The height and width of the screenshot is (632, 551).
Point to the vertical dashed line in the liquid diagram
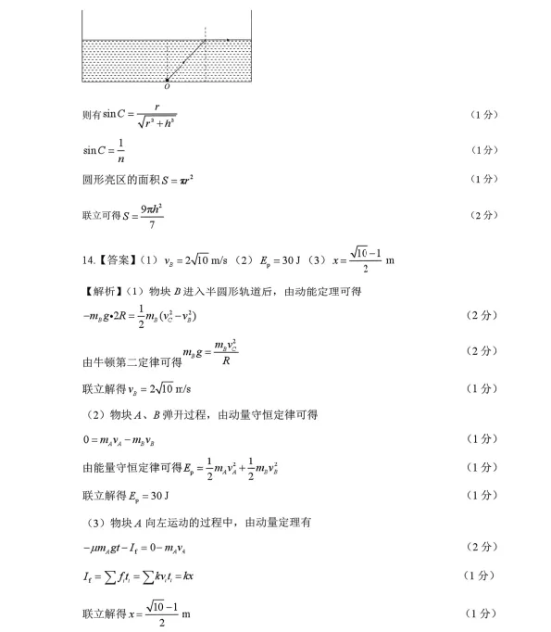tap(205, 56)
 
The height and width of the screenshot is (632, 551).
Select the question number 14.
tap(88, 260)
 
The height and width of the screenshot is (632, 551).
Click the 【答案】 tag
tap(116, 260)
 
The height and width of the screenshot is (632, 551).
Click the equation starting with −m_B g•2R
tap(140, 317)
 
